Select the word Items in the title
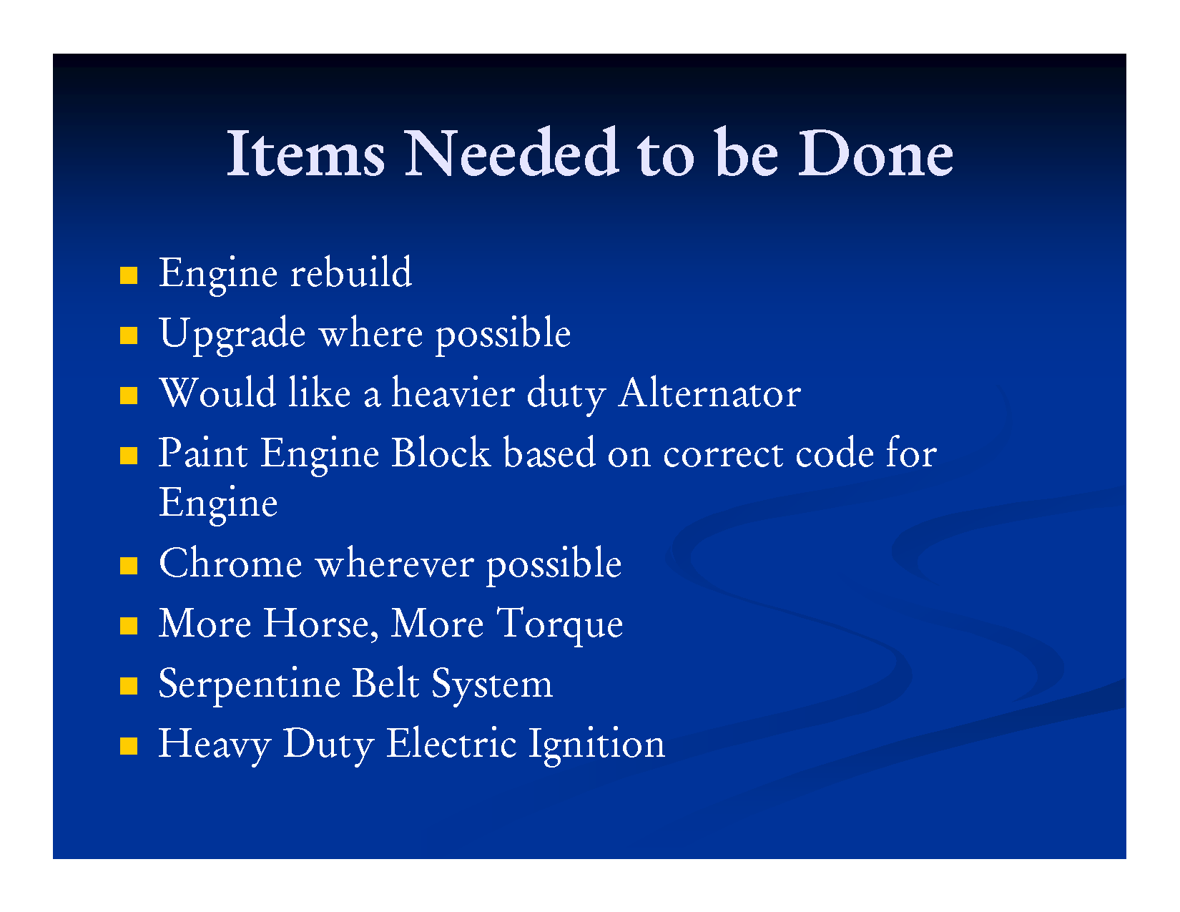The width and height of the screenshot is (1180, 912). (x=305, y=153)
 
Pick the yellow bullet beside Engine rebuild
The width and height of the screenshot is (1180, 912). (x=129, y=275)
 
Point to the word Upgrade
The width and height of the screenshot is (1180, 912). (x=232, y=333)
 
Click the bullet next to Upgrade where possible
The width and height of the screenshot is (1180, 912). (x=129, y=335)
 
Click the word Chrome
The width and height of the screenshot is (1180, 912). (x=230, y=563)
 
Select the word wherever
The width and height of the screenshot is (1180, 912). (x=395, y=563)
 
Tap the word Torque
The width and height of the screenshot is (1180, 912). (x=560, y=624)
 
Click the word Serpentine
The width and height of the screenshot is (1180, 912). (x=250, y=685)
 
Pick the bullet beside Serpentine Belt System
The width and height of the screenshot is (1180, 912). (x=129, y=686)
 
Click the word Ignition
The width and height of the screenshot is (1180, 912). (x=596, y=745)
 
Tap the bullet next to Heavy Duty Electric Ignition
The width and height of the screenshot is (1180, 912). (x=129, y=746)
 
